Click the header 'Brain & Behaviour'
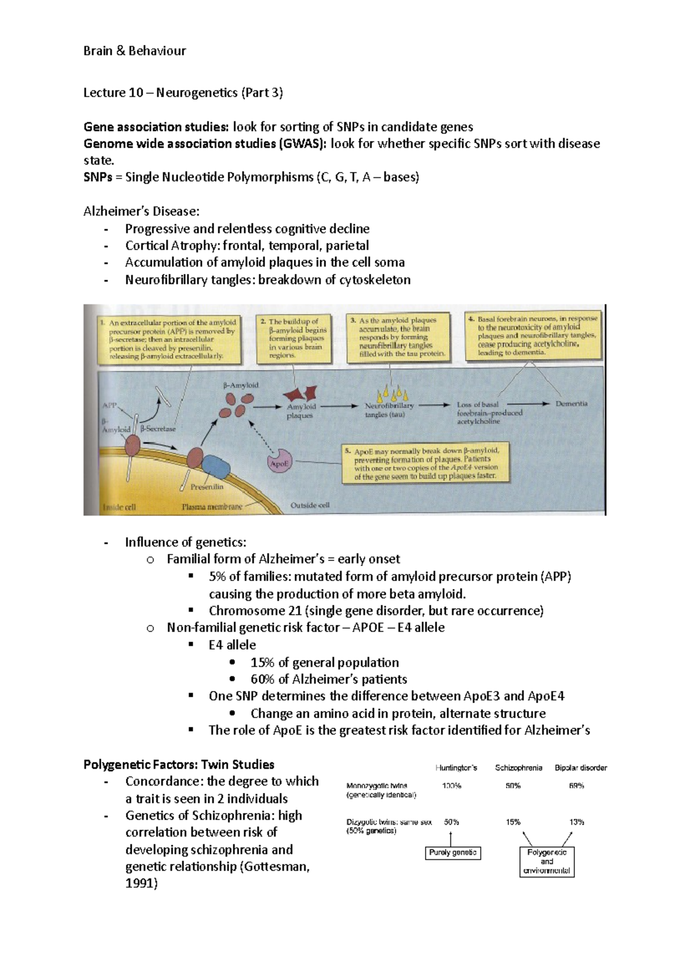pos(135,51)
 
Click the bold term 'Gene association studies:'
pos(156,127)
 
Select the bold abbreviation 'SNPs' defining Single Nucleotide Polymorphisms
pos(97,177)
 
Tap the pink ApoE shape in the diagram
pos(280,462)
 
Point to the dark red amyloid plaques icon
pos(300,394)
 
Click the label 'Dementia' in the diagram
pos(571,403)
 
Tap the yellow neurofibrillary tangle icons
pos(392,395)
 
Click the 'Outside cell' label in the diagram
pos(309,505)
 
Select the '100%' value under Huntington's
pos(451,785)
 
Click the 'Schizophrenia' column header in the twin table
pos(518,768)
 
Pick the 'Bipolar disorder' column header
pos(580,768)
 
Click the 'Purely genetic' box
pos(453,853)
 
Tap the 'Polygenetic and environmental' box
pos(547,861)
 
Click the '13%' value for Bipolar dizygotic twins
pos(577,822)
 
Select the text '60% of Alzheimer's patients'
pos(328,679)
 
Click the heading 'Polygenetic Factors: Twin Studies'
pos(179,764)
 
